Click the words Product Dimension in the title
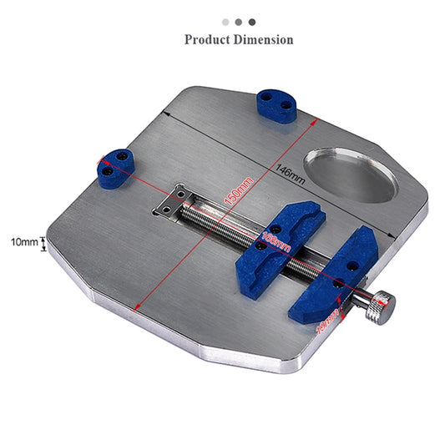point(239,39)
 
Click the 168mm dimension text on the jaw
point(276,242)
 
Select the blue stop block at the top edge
point(276,105)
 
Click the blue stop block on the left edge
point(118,167)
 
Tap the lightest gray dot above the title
point(225,23)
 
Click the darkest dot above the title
point(252,23)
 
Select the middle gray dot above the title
point(239,23)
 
